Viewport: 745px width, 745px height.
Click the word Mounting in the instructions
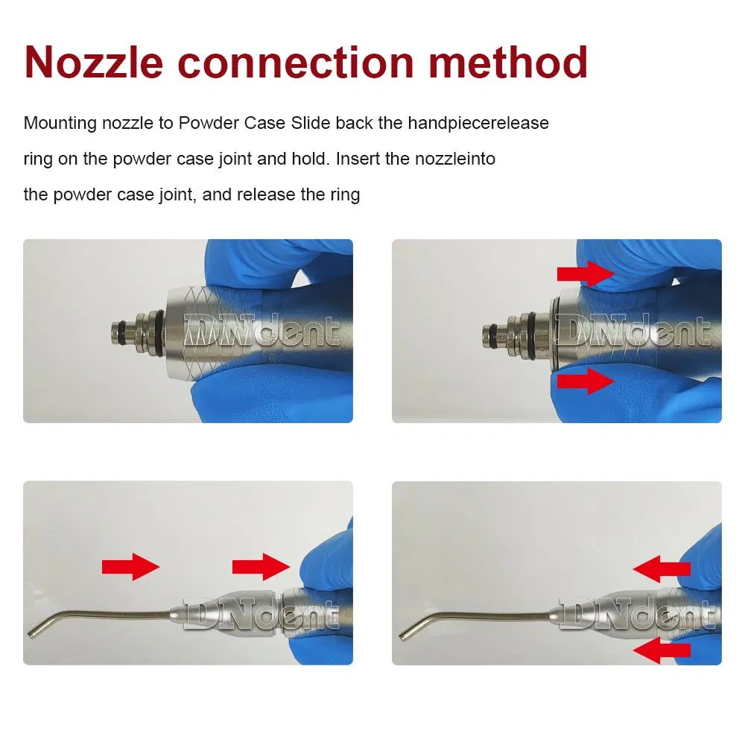click(57, 123)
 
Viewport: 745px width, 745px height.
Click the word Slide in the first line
click(311, 122)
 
